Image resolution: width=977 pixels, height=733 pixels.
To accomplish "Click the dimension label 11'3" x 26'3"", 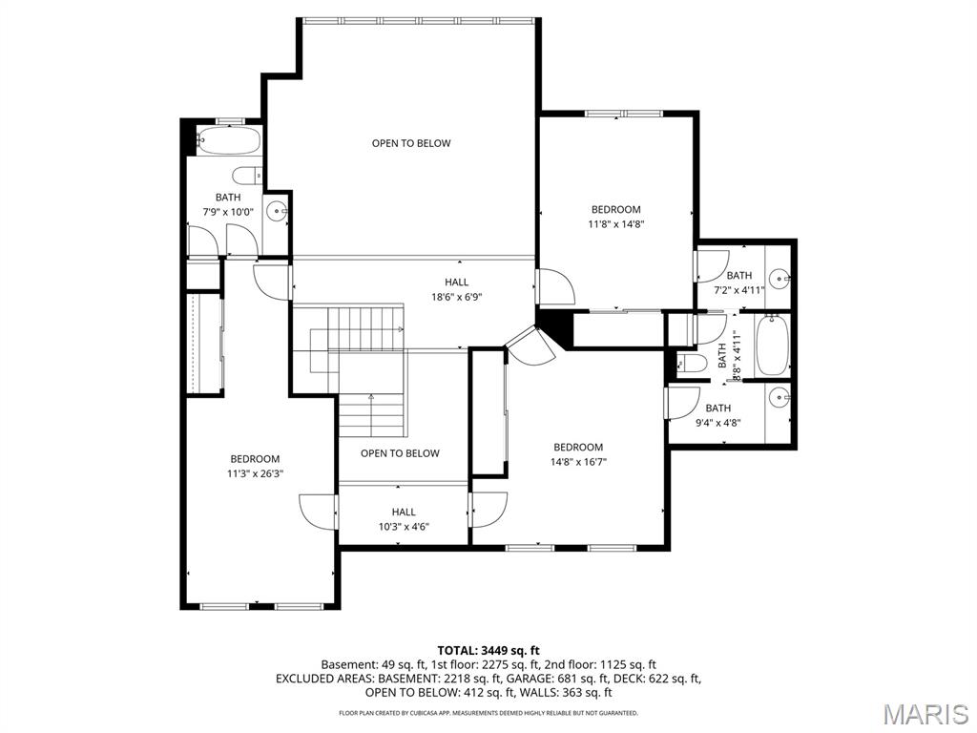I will point(255,472).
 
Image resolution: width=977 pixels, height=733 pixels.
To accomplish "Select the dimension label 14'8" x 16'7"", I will point(578,461).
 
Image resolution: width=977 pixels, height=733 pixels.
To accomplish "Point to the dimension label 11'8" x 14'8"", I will point(615,224).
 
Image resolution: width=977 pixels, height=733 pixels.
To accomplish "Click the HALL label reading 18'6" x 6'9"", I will point(456,297).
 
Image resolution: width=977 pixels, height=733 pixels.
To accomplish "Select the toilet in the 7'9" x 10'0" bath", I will point(246,176).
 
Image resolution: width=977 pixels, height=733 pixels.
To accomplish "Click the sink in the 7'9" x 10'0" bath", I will point(276,212).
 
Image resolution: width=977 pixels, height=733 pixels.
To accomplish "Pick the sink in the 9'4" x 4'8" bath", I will point(780,397).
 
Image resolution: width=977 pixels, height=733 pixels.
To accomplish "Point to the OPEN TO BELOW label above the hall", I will point(411,143).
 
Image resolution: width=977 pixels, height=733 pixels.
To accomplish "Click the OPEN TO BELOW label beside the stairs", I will point(400,453).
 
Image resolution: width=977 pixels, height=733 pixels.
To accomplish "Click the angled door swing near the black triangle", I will point(530,346).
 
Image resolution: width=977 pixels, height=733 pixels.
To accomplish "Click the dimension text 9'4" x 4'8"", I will point(717,422).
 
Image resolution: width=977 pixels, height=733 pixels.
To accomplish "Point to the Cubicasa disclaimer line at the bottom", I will point(488,713).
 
